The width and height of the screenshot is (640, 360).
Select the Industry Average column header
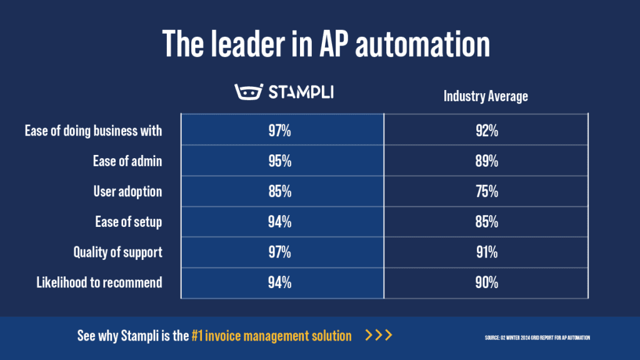(486, 96)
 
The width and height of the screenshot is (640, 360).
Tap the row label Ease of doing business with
(94, 131)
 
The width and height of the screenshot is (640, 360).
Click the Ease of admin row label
(127, 161)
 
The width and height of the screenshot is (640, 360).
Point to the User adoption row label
(127, 191)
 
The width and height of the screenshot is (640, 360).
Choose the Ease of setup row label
(129, 222)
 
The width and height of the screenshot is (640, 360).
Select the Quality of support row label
(117, 252)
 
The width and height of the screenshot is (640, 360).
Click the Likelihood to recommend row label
(99, 282)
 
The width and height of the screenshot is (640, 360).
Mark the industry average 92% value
(486, 131)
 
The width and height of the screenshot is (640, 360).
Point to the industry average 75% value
(486, 191)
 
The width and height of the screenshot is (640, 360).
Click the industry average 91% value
(486, 252)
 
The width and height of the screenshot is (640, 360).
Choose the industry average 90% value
(486, 282)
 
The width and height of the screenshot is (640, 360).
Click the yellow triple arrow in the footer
(379, 336)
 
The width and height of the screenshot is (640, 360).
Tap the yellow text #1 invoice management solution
(271, 336)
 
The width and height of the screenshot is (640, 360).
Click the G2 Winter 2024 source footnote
(537, 337)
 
